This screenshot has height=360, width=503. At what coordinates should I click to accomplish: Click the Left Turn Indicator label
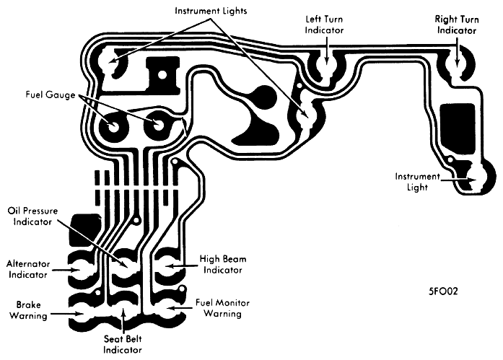pos(324,25)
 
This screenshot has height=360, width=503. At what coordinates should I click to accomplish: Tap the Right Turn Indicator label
pos(457,25)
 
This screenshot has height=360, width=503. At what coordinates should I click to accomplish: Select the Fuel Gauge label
pos(51,95)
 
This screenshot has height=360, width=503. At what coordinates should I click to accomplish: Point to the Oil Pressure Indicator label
pos(32,216)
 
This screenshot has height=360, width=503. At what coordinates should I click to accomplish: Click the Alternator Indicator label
pos(28,269)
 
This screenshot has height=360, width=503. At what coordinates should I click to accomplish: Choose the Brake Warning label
pos(28,310)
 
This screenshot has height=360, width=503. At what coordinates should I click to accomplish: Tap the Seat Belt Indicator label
pos(123,344)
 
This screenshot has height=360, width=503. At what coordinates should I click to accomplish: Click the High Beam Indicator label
pos(223,264)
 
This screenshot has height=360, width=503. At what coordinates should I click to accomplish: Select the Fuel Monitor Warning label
pos(222,308)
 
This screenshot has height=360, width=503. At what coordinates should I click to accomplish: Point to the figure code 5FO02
pos(443,291)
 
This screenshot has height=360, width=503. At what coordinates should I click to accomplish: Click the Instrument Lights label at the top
pos(211,11)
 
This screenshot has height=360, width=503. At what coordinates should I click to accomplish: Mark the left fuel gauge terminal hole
pos(113,127)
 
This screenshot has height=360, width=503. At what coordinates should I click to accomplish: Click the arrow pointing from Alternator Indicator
pos(66,270)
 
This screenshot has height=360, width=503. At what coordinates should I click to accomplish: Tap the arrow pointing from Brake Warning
pos(67,314)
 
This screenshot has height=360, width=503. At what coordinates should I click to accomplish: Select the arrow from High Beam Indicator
pos(180,265)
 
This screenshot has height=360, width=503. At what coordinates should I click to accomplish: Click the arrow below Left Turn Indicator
pos(326,50)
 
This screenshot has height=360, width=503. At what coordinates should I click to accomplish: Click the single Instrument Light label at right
pos(417,181)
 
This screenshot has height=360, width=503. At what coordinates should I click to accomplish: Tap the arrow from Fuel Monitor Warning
pos(180,308)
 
